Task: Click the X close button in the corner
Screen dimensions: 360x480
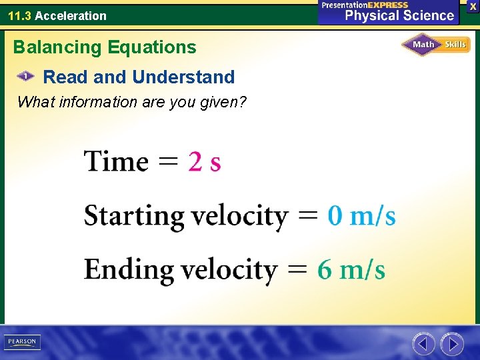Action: (x=473, y=6)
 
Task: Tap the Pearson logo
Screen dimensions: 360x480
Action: (x=22, y=342)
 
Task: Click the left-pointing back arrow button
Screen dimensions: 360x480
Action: (x=423, y=344)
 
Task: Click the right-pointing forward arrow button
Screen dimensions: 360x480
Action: (x=452, y=344)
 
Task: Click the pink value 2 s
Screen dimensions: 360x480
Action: (x=205, y=161)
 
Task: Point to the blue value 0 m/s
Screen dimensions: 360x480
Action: (x=361, y=216)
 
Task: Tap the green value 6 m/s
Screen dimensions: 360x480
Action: (x=351, y=270)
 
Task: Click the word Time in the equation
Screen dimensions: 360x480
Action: (x=116, y=161)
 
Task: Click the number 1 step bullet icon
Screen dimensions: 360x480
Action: (x=25, y=77)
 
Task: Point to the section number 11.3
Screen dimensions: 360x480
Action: (x=19, y=15)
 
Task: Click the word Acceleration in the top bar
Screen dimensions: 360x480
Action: (x=71, y=15)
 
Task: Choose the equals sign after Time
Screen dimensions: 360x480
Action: (x=168, y=162)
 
